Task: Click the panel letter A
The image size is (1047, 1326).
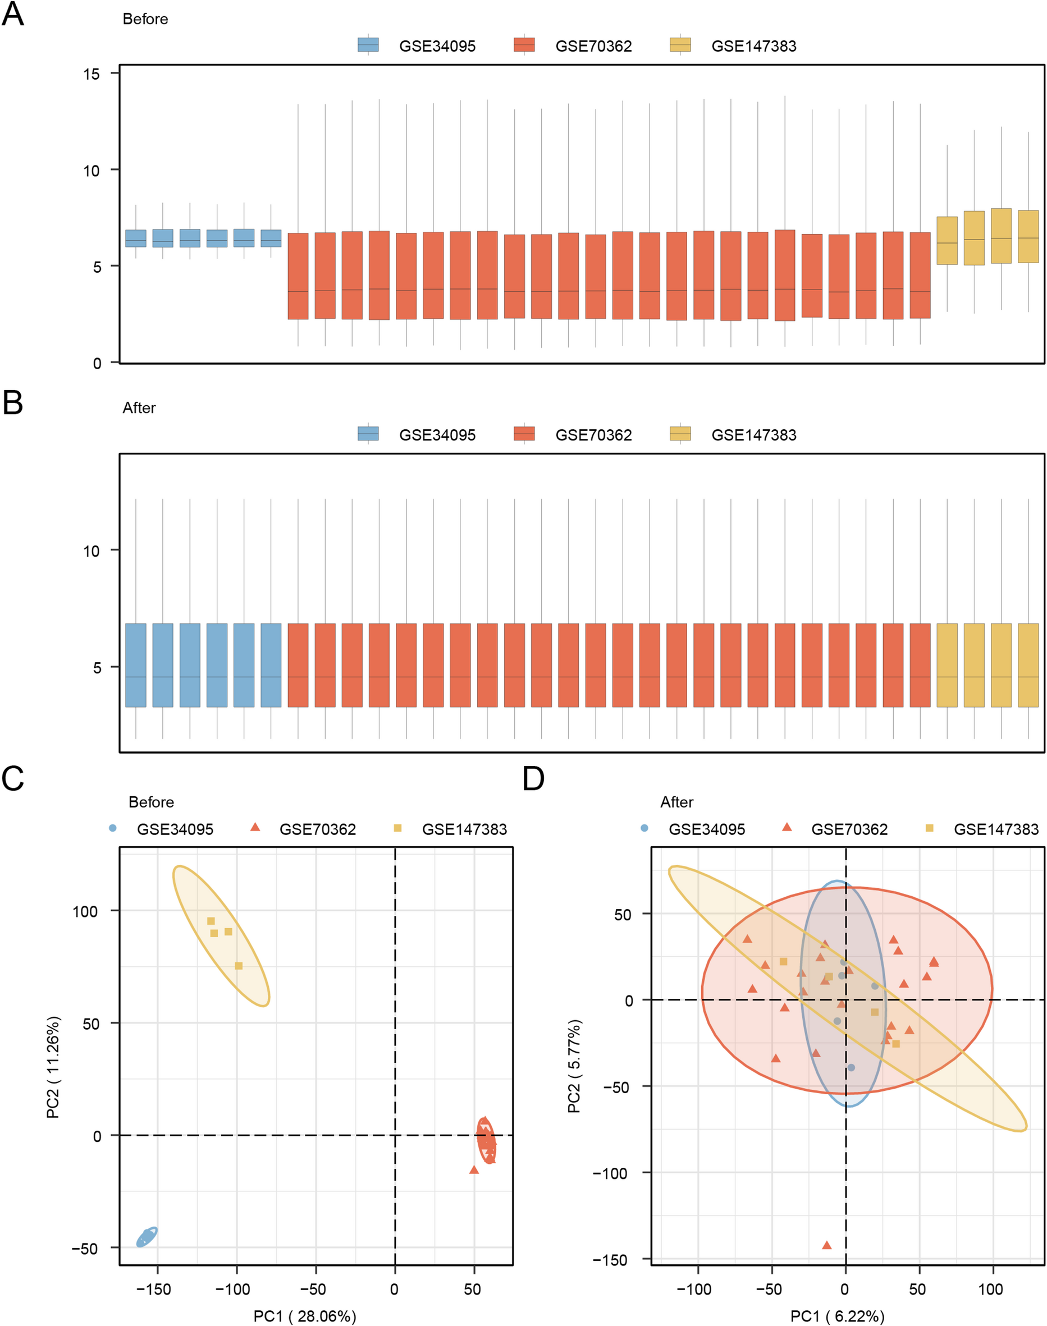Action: coord(13,13)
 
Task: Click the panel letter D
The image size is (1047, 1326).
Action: coord(533,779)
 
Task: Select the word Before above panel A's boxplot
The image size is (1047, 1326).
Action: coord(145,19)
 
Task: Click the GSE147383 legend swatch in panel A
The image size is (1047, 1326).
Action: coord(680,45)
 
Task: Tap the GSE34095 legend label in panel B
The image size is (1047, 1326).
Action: coord(437,435)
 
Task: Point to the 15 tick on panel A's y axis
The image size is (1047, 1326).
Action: coord(92,74)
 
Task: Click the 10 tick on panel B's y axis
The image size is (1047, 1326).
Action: coord(92,551)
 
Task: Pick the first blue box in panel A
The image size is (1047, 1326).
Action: coord(135,238)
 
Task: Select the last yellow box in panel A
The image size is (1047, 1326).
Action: coord(1028,236)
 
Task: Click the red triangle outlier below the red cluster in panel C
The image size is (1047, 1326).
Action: coord(474,1170)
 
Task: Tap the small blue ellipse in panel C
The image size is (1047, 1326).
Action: coord(147,1237)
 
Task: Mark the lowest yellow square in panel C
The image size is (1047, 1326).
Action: coord(239,966)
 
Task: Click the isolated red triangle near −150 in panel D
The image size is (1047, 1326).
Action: coord(826,1245)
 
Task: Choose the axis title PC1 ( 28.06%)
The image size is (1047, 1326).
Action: coord(305,1315)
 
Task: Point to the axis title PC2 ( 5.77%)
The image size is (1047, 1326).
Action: coord(574,1066)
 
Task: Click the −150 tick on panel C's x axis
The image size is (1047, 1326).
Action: coord(153,1288)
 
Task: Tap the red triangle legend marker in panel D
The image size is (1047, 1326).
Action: coord(787,827)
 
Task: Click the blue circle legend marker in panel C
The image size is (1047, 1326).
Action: coord(113,828)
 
